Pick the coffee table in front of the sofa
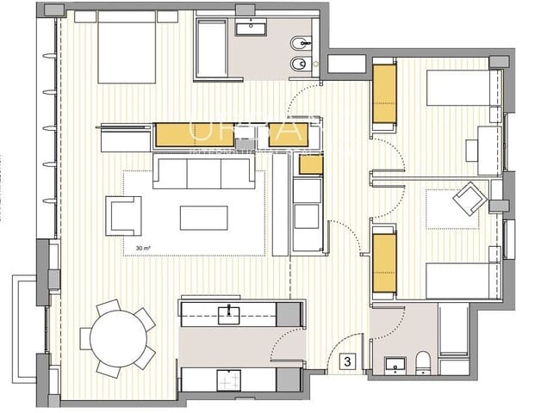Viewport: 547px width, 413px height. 204,218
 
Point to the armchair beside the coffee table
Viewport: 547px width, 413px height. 123,215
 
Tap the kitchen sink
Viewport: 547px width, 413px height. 229,314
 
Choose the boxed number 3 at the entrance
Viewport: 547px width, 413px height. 347,363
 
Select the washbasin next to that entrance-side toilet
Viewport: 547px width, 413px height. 397,364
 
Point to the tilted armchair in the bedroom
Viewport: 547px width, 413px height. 471,200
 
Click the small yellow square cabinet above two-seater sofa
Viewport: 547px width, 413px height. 310,163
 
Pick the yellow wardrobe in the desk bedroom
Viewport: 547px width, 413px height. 384,95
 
